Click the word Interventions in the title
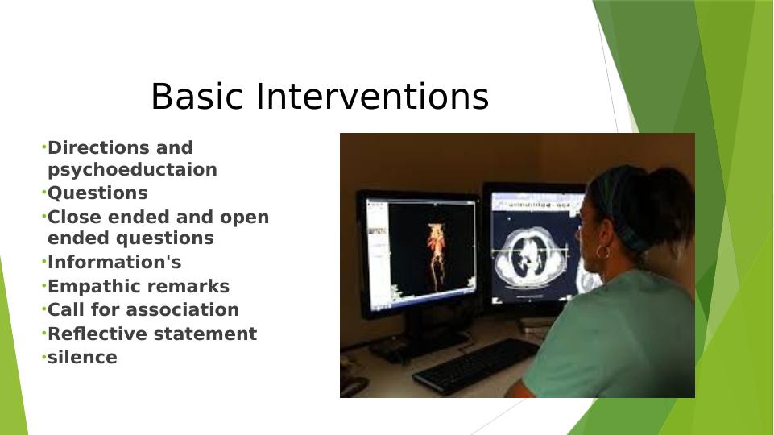tap(373, 97)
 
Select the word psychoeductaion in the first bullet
tap(132, 170)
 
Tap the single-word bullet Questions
tap(97, 193)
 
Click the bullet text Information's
tap(114, 263)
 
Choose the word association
tap(192, 310)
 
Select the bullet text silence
tap(82, 358)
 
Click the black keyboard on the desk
tap(475, 364)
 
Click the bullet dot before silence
tap(43, 356)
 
